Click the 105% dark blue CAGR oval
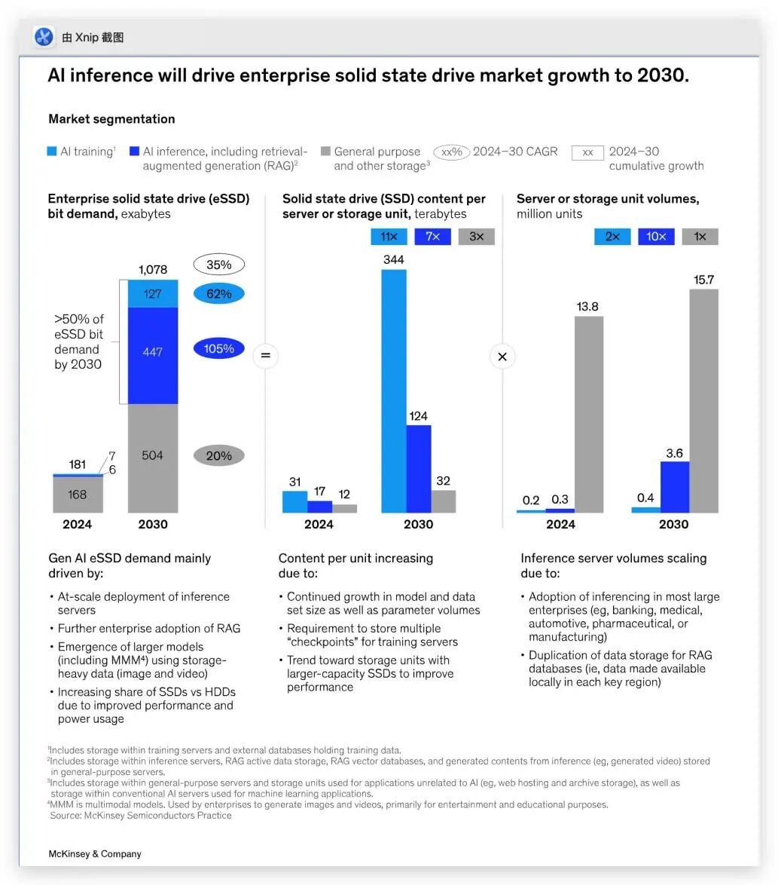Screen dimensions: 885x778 218,349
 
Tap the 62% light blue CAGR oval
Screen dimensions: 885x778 218,294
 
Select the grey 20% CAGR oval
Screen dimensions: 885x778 218,455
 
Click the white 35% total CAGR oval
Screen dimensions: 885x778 218,265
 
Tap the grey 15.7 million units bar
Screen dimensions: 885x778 703,400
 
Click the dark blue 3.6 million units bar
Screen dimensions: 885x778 675,486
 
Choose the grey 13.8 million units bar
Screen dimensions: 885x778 589,414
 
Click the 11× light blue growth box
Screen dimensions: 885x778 389,237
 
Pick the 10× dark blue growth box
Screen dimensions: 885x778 656,237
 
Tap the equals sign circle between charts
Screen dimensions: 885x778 265,355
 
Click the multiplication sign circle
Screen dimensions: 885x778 502,356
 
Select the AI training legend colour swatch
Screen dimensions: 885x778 52,152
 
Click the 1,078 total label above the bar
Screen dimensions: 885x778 153,270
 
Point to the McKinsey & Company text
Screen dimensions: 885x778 95,854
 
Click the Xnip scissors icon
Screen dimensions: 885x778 44,37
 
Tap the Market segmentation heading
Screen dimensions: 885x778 111,119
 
